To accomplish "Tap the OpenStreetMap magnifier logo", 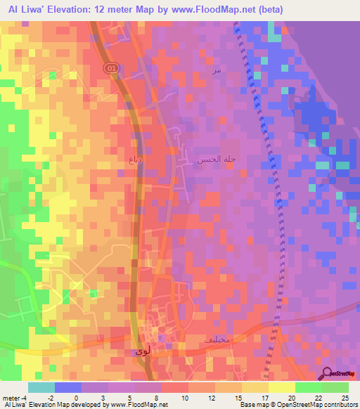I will coord(328,375).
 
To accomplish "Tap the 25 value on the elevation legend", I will coord(345,398).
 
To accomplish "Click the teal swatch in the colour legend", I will coord(41,387).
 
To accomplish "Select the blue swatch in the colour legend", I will coord(67,387).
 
